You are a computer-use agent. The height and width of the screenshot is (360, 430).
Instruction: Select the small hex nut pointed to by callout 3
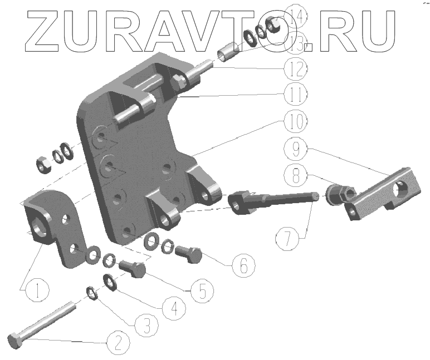click(x=93, y=293)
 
